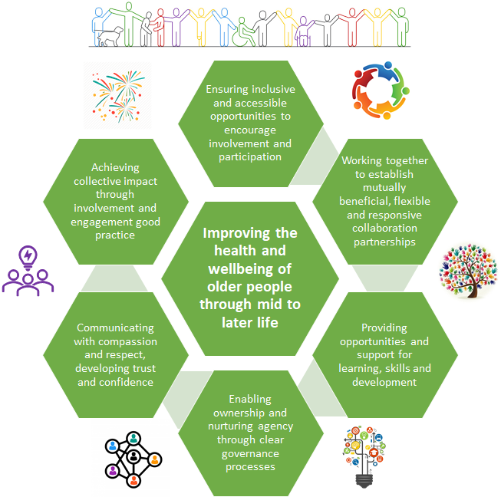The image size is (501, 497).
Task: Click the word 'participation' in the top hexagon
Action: coord(250,157)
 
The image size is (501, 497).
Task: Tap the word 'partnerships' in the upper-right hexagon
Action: coord(384,242)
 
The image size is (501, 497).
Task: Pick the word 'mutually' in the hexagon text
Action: coord(384,186)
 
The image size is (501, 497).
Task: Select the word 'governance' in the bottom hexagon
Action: coord(250,453)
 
